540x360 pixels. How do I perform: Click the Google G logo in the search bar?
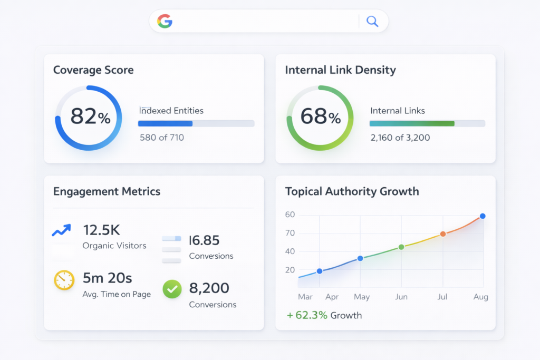point(165,21)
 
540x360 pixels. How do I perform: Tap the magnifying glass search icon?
point(372,21)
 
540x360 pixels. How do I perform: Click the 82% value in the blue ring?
point(90,116)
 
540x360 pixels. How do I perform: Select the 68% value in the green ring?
point(321,116)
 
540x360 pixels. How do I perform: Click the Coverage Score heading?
point(93,70)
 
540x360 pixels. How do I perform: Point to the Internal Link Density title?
point(340,70)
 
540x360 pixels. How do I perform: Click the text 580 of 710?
point(161,138)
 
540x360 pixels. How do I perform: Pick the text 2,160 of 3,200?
point(400,138)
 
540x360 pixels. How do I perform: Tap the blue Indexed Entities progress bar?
point(165,123)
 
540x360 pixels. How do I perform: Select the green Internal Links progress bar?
point(411,123)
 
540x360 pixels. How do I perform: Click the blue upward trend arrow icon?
point(62,230)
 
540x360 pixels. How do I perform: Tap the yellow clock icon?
point(64,280)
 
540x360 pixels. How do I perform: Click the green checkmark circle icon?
point(172,288)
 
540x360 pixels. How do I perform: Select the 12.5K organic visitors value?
point(102,230)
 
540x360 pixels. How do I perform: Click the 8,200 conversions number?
point(209,288)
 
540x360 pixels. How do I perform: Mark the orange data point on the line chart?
point(443,233)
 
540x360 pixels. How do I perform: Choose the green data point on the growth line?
point(401,247)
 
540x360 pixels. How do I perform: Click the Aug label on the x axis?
point(480,297)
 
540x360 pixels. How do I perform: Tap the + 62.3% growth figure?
point(307,315)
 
